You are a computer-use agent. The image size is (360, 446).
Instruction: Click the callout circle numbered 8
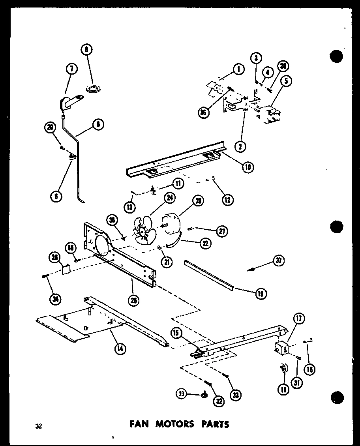point(87,50)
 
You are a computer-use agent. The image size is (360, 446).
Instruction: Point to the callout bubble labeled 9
point(97,125)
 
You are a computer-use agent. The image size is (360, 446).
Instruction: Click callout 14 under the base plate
point(118,348)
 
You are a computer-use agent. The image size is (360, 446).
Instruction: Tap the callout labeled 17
point(299,319)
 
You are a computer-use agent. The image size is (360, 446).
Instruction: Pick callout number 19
point(261,293)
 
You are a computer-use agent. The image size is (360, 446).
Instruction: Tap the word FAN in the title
point(139,424)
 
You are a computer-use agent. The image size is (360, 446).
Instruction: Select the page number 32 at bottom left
point(38,425)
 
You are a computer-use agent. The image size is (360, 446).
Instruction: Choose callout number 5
point(287,82)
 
